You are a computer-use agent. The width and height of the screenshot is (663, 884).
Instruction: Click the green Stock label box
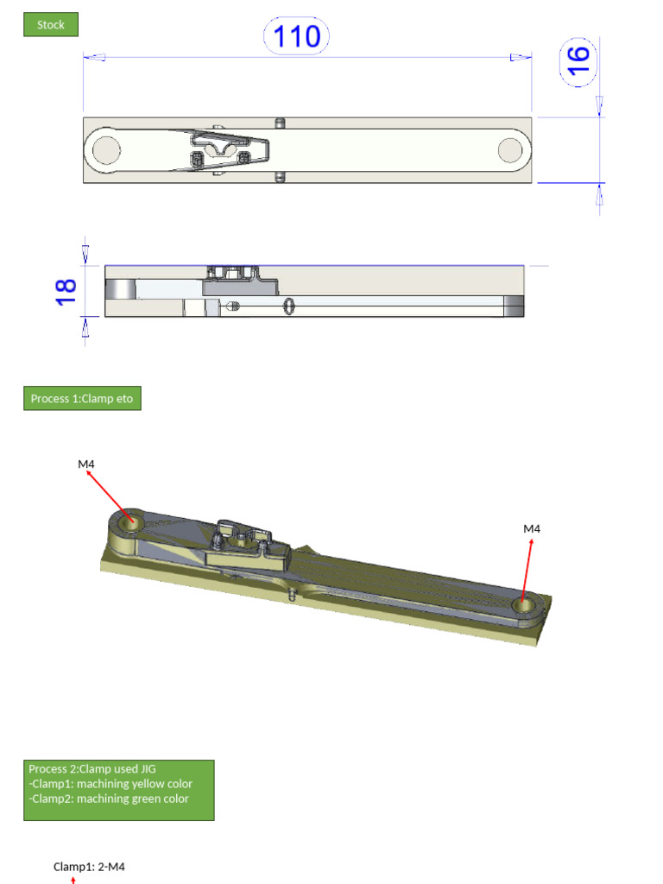point(51,25)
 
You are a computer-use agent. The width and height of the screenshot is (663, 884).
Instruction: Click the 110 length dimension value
point(296,37)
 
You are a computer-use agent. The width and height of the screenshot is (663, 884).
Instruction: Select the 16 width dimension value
point(578,60)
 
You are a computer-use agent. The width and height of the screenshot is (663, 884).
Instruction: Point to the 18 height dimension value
point(66,290)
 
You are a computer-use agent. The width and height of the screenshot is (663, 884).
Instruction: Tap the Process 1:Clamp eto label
point(82,399)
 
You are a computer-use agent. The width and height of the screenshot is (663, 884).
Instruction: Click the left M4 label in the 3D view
point(86,464)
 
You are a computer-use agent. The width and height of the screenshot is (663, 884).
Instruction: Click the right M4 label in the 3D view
point(532,528)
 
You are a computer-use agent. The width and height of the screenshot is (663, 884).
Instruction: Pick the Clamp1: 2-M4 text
point(89,867)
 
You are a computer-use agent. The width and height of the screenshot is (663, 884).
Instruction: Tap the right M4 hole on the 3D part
point(523,605)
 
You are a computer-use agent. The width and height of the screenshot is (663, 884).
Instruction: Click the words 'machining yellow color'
point(135,784)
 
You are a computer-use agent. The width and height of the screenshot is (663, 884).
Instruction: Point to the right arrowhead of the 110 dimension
point(521,58)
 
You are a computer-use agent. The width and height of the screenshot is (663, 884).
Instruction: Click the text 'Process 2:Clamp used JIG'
point(92,768)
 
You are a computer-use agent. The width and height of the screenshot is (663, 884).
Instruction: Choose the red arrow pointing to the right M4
point(527,570)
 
